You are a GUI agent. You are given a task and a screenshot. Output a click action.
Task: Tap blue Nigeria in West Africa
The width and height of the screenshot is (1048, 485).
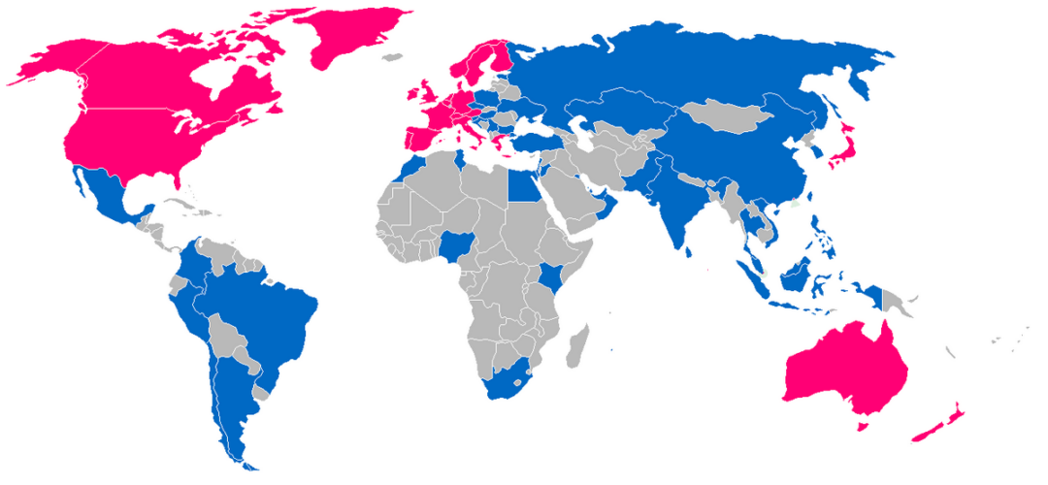pos(454,251)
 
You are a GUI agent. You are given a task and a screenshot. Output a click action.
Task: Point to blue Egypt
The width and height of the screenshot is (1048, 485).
pos(525,184)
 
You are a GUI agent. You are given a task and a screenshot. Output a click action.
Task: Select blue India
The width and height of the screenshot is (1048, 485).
pos(679,209)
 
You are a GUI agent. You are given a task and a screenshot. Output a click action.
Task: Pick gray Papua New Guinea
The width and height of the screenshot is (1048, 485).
pos(898,302)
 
